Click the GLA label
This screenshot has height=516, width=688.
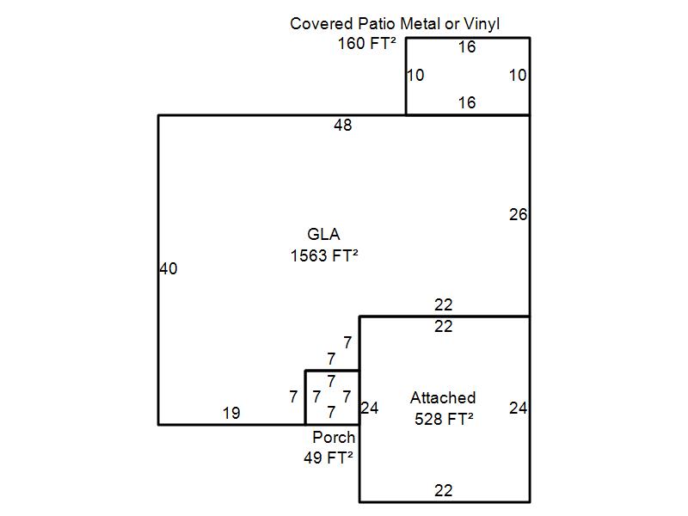323,234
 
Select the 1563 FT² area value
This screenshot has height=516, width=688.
324,255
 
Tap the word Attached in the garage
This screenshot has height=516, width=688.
443,398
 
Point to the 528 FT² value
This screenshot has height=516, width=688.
444,419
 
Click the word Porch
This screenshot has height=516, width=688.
334,437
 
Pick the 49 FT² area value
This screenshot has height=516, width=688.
329,458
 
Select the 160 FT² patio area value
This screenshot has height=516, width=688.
367,44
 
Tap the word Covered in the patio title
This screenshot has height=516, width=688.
321,24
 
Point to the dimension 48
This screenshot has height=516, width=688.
342,126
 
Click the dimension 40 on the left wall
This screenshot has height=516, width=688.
169,268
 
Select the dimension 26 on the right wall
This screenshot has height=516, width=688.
519,214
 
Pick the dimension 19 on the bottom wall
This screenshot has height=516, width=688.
231,413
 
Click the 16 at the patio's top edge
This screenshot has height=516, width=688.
467,47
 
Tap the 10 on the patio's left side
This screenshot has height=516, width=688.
415,75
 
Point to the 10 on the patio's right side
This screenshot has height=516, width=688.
518,75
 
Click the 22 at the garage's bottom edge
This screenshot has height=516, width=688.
444,490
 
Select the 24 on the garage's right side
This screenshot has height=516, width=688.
519,408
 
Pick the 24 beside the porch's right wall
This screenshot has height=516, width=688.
370,408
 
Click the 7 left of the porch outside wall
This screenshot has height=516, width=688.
293,396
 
